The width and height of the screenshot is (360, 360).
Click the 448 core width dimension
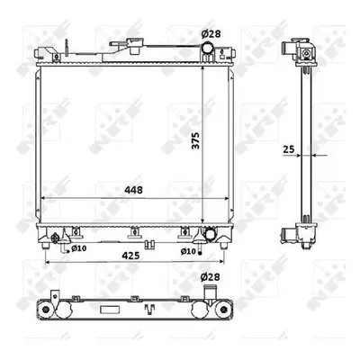pyautogui.click(x=134, y=190)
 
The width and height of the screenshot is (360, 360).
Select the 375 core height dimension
pyautogui.click(x=195, y=139)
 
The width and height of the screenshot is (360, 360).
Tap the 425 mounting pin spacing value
pyautogui.click(x=130, y=256)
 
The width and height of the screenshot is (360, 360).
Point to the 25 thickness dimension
pyautogui.click(x=289, y=149)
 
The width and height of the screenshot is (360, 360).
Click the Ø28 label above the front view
pyautogui.click(x=211, y=34)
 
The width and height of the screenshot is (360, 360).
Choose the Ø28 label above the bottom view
pyautogui.click(x=210, y=276)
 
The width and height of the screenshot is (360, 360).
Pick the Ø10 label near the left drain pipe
pyautogui.click(x=79, y=248)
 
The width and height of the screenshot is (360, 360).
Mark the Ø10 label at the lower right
pyautogui.click(x=188, y=251)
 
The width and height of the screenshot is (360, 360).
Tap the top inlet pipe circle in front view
pyautogui.click(x=207, y=48)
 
